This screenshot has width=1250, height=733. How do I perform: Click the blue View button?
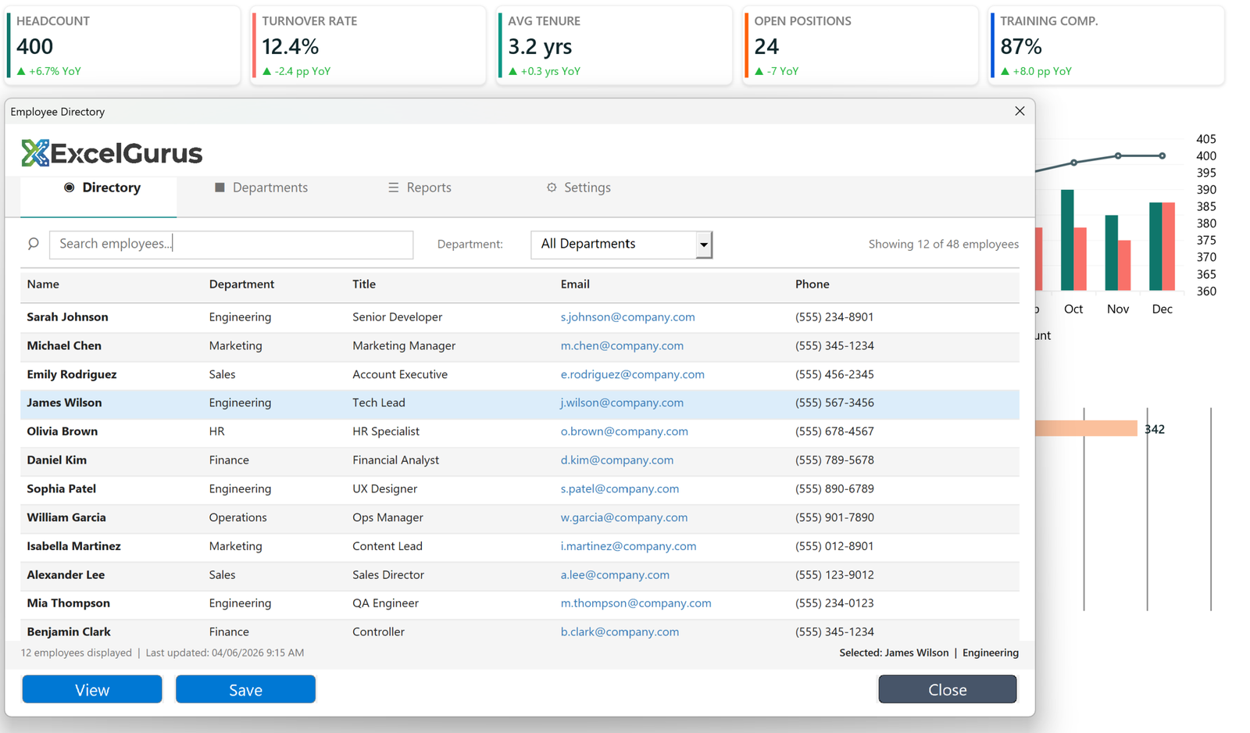click(92, 689)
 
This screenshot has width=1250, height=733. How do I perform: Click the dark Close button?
click(947, 689)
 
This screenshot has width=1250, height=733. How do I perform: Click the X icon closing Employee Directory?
click(1020, 111)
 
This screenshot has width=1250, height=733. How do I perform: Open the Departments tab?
click(261, 188)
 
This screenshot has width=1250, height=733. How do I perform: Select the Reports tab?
click(420, 188)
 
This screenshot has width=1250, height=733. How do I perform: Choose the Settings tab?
click(578, 188)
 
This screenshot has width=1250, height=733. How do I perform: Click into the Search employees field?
click(230, 244)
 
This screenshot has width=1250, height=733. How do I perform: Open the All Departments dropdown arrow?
click(704, 245)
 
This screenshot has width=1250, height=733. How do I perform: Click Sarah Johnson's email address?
click(627, 316)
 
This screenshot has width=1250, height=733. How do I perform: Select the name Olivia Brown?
click(62, 431)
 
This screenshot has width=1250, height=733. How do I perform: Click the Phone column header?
click(812, 284)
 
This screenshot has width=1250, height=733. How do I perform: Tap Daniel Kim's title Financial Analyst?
click(395, 460)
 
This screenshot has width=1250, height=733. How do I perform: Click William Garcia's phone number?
click(834, 517)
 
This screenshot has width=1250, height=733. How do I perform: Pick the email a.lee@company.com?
click(614, 574)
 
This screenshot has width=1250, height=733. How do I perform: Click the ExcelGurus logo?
click(112, 153)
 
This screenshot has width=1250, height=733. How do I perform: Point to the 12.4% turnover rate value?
click(290, 47)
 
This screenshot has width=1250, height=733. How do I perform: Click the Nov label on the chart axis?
click(1117, 309)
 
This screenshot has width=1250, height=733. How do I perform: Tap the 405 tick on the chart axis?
click(1205, 139)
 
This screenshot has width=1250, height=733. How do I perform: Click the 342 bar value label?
click(1154, 429)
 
